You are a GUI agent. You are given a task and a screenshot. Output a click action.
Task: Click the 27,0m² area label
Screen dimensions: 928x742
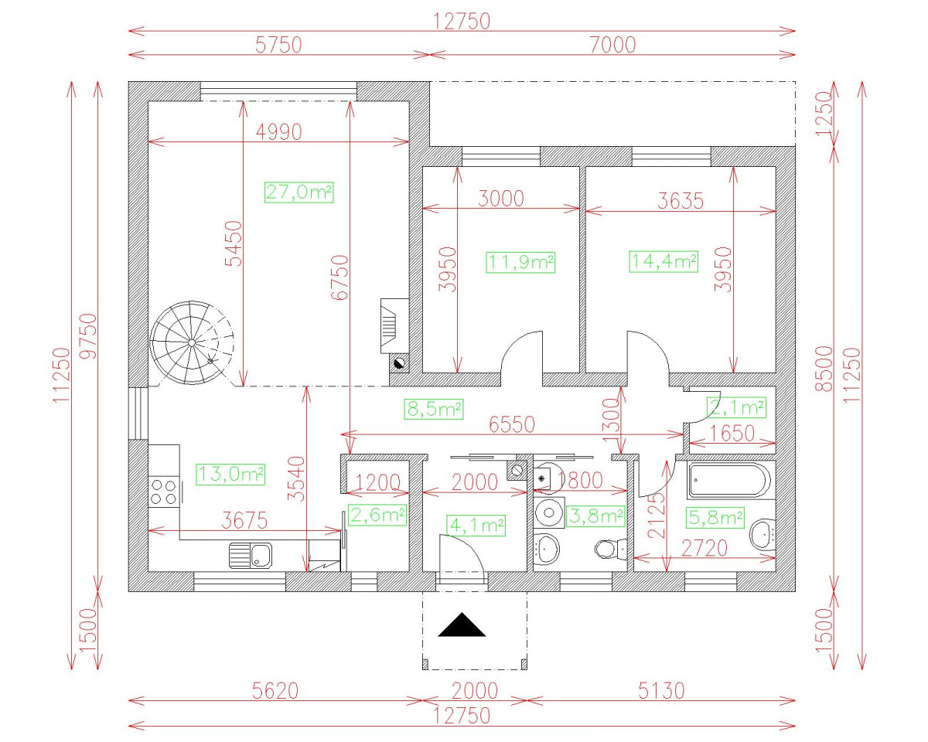coord(299,192)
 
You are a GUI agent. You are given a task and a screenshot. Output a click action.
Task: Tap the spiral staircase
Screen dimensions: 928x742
coord(192,342)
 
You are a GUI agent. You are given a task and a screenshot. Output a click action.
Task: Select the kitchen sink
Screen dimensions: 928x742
coord(251,555)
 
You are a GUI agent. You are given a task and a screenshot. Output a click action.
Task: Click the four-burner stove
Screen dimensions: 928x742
coord(164,492)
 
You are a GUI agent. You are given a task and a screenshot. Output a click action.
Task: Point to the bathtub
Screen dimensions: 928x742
coord(729,480)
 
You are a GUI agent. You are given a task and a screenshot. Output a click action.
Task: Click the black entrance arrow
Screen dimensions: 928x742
coord(462,625)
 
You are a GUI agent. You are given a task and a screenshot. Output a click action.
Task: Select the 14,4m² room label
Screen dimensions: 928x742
coord(664,262)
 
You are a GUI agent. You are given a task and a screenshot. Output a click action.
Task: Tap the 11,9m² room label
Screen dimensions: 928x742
coord(520,262)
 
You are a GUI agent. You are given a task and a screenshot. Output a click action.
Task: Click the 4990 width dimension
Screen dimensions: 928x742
coord(278,132)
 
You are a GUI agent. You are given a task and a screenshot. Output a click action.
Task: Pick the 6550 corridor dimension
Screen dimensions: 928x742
coord(512,424)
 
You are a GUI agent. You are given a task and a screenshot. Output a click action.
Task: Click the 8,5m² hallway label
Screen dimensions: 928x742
coord(434,409)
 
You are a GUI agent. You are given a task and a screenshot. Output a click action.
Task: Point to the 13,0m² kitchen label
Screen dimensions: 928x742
coord(230,475)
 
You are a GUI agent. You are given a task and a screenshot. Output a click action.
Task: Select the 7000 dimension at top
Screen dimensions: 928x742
coord(612,45)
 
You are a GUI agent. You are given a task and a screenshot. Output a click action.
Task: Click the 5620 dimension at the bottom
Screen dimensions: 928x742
coord(275,691)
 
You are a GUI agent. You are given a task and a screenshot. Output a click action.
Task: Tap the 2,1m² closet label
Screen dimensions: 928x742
coord(736,408)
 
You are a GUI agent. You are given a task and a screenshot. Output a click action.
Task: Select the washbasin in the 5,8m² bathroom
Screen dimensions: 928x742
coord(763,535)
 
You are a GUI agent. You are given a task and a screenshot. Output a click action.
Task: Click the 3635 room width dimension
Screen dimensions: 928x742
coord(680,201)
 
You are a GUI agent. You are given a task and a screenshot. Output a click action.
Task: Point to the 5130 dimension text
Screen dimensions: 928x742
coord(661,691)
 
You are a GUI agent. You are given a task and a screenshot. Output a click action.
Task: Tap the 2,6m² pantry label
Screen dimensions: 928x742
coord(377,516)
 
